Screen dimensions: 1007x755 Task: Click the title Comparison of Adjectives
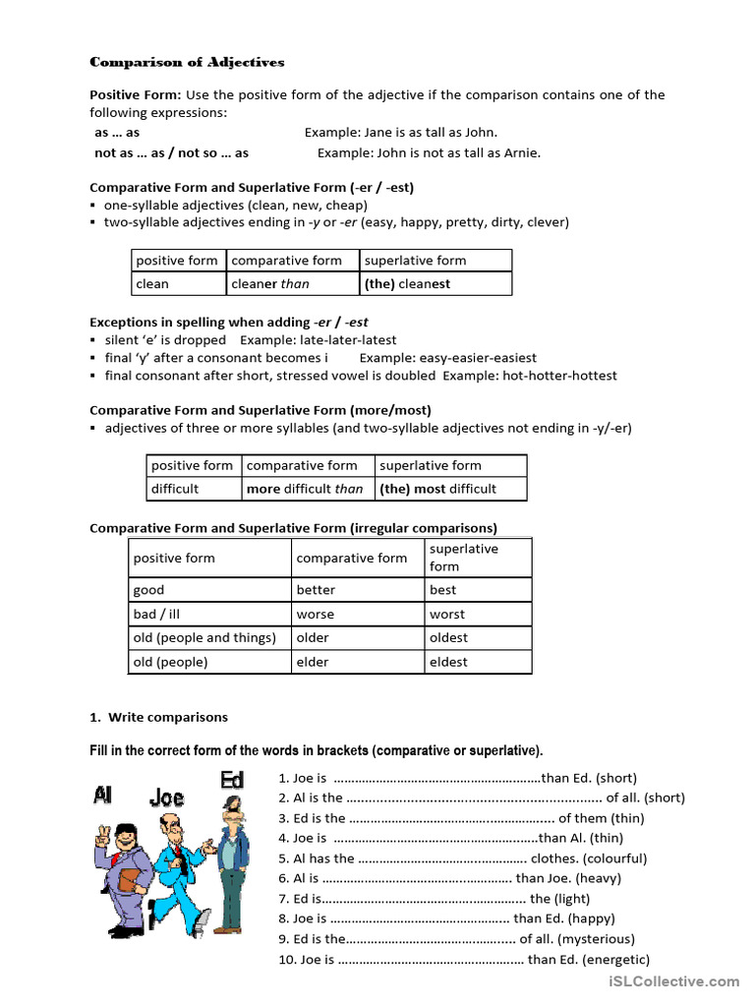pos(187,62)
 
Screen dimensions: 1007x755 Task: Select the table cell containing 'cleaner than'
pos(292,284)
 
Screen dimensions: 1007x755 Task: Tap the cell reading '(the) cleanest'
pos(435,284)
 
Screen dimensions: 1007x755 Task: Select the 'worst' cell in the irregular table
pos(478,614)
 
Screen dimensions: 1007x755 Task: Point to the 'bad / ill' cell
pos(209,614)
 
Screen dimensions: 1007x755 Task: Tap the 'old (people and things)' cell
pos(209,637)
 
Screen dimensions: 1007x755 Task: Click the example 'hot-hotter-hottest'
pos(559,376)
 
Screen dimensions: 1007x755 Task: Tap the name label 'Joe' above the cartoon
pos(166,797)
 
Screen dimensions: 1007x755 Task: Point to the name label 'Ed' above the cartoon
pos(232,780)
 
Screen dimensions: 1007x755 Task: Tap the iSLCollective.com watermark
pos(673,981)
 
